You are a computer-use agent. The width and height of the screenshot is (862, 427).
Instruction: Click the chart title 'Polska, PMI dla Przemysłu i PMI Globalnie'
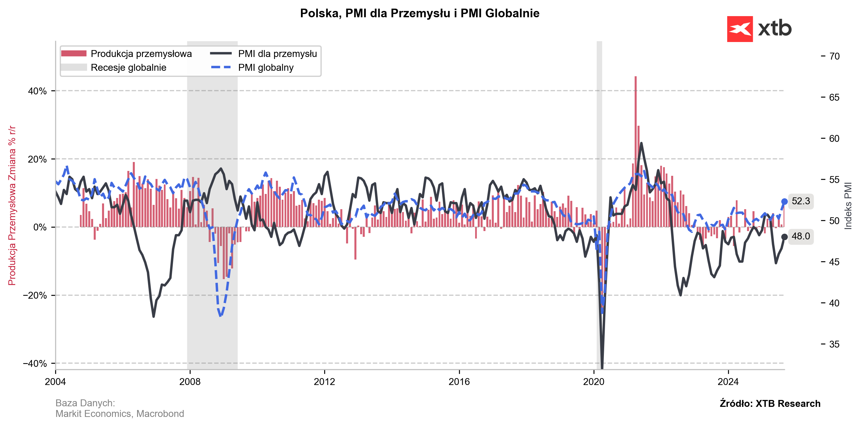(419, 14)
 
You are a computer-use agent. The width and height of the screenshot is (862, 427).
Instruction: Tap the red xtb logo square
(740, 29)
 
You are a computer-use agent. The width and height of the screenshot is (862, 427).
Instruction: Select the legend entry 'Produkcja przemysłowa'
(141, 54)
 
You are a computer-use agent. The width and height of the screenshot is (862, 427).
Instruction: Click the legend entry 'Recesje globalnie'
(128, 68)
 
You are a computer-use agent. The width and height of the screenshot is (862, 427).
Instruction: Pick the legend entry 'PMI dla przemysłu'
(277, 54)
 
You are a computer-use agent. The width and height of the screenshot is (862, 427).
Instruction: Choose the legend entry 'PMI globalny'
(265, 68)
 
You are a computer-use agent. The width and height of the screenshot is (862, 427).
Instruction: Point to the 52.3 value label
(800, 201)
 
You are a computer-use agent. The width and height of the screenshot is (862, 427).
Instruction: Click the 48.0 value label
(800, 237)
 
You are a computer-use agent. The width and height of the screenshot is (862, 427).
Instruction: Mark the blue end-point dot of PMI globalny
(784, 201)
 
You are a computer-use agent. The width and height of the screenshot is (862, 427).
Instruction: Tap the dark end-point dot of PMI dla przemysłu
(784, 237)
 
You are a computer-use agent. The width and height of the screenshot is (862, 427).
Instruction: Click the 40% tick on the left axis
(37, 91)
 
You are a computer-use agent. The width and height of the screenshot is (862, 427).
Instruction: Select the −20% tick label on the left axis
(35, 296)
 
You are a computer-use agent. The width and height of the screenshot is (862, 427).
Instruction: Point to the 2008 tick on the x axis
(190, 382)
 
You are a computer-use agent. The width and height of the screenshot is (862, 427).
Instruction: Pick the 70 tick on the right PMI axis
(834, 56)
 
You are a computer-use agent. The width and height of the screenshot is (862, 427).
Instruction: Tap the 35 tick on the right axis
(834, 344)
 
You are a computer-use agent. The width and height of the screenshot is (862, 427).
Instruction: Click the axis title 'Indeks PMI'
(848, 206)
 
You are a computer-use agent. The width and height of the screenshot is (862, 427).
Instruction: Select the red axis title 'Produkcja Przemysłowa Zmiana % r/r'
(12, 206)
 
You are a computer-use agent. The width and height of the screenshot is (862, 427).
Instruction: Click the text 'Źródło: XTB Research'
(770, 404)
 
